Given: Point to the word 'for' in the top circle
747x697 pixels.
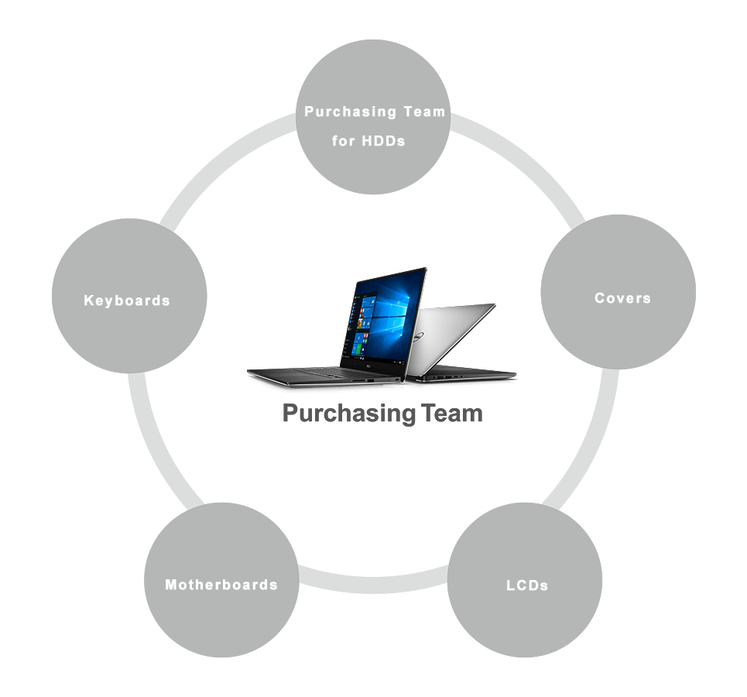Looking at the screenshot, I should click(341, 142).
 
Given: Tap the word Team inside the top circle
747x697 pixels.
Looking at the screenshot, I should click(423, 112).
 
